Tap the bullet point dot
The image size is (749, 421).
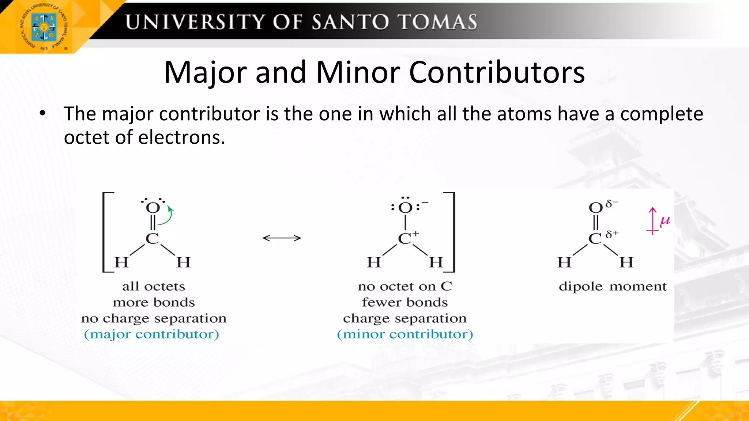coord(43,113)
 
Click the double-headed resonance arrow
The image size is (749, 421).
coord(282,238)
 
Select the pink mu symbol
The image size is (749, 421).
coord(665,221)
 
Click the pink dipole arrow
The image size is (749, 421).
coord(652,221)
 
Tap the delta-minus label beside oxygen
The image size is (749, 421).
coord(612,204)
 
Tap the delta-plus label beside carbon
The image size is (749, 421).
coord(612,234)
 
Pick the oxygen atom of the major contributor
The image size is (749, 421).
coord(153,208)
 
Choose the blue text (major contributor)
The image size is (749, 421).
coord(151,334)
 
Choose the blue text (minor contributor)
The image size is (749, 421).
coord(405,334)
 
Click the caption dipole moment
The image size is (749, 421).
coord(613,286)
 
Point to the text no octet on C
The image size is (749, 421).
coord(405,286)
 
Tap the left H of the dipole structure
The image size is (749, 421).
coord(564,262)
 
